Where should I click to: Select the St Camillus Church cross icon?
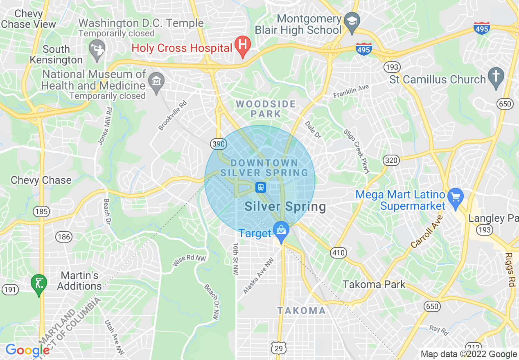pos(496,76)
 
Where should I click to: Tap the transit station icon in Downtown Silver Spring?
pos(261,187)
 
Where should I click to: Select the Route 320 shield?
pos(391,160)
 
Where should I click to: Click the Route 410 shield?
pos(338,253)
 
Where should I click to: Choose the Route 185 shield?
pos(42,211)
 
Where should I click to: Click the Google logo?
pos(27,350)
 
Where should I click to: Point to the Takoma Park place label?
pos(374,284)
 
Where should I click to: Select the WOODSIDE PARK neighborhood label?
pos(266,109)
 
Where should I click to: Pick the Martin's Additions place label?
pos(79,281)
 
